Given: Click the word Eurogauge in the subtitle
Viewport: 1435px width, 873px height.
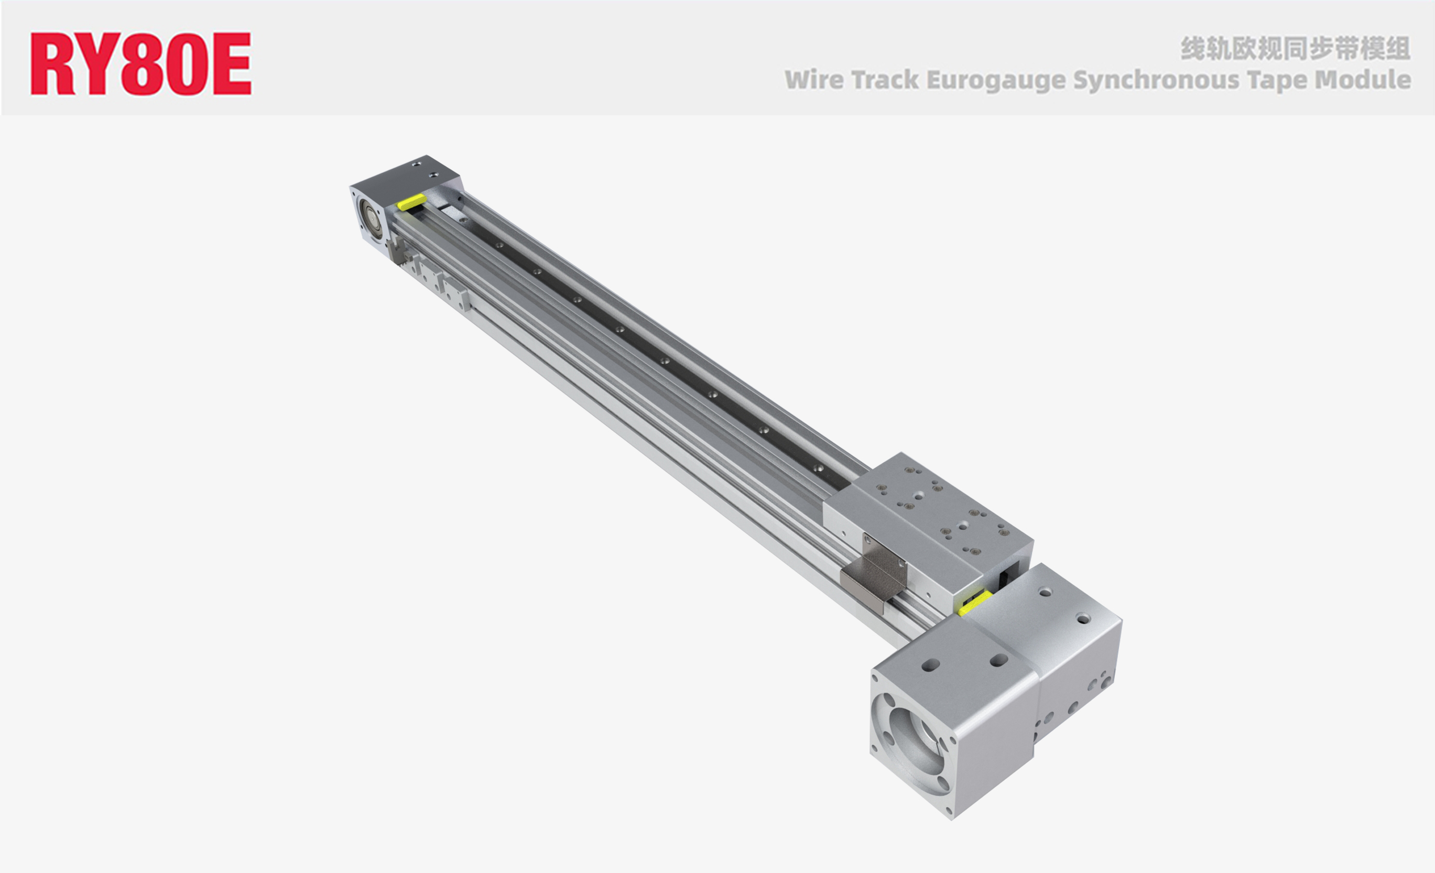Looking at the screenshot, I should [995, 80].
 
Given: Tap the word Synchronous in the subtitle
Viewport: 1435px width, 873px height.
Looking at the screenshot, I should [1157, 80].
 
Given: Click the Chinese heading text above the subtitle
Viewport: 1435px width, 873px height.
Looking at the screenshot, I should [1295, 48].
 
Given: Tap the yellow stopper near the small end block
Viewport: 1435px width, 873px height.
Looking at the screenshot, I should [411, 202].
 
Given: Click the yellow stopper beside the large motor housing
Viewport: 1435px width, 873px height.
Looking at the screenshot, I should [975, 603].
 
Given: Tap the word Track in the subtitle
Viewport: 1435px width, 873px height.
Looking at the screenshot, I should [885, 80].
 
